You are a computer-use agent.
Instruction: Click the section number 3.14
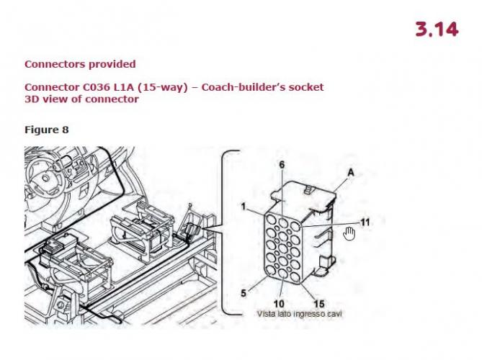(437, 30)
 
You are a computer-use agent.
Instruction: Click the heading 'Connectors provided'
(80, 64)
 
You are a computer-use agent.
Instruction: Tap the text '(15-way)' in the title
(162, 88)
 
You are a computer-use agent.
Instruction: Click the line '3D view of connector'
(81, 99)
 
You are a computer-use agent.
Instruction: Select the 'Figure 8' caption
(46, 130)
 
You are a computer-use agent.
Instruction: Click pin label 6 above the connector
(282, 165)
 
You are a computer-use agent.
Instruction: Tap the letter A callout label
(351, 173)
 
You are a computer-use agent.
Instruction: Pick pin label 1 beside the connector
(244, 207)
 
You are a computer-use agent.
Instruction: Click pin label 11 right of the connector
(365, 222)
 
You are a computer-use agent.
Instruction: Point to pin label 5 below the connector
(244, 293)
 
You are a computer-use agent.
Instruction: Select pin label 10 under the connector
(279, 304)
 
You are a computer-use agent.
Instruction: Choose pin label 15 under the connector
(318, 304)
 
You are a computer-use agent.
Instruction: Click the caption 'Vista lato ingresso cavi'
(300, 314)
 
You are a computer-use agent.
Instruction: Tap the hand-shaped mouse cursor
(349, 233)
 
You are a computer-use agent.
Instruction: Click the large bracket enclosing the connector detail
(231, 233)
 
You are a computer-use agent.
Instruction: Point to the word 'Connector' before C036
(53, 87)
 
